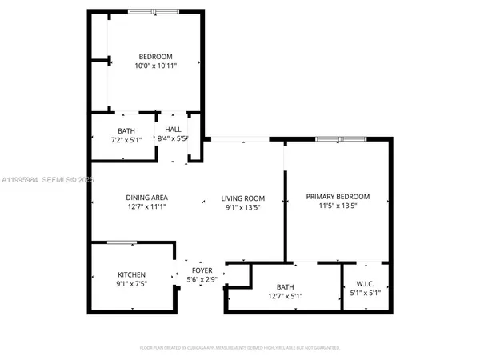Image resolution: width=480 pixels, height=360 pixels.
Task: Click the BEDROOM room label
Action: click(x=155, y=56)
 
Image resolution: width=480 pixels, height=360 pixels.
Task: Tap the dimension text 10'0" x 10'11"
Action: click(x=155, y=66)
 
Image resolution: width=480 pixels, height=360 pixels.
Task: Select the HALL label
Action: click(x=173, y=130)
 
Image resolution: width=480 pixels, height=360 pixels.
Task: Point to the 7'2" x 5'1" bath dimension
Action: click(x=126, y=139)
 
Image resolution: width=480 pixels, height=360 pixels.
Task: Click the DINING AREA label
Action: click(x=146, y=198)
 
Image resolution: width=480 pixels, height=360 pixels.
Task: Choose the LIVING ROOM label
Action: click(x=243, y=198)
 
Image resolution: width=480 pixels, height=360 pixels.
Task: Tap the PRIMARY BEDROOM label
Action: click(x=338, y=197)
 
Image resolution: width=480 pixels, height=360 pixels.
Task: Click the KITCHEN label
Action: click(x=131, y=275)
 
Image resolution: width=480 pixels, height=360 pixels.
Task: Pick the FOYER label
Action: click(x=202, y=270)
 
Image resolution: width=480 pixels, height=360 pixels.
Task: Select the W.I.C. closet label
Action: click(x=365, y=284)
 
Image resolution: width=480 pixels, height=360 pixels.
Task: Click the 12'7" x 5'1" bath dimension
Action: click(x=286, y=296)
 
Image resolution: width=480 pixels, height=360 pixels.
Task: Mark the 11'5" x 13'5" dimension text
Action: click(x=338, y=206)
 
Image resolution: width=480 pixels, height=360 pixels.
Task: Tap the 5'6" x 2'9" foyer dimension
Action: click(x=202, y=280)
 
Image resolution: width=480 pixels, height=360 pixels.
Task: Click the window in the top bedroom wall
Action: click(x=154, y=12)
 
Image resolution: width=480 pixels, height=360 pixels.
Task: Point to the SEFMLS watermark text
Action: click(x=62, y=181)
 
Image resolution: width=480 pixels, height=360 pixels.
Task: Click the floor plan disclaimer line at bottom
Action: click(x=240, y=348)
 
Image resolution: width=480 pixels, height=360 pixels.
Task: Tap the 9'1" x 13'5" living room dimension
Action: click(x=243, y=207)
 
